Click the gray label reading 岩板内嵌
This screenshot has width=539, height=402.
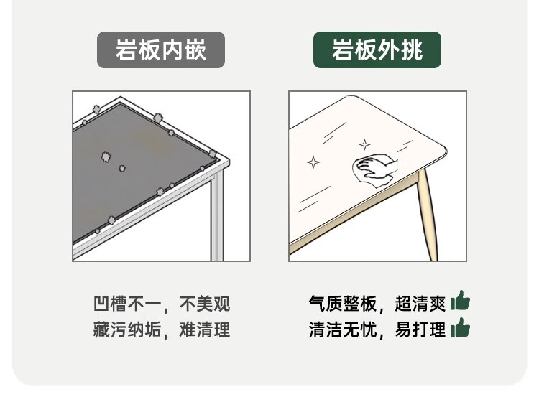click(x=161, y=50)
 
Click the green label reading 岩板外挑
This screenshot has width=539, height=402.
click(x=377, y=50)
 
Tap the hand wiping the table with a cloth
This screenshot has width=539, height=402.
click(x=374, y=170)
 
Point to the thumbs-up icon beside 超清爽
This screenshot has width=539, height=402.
click(x=460, y=301)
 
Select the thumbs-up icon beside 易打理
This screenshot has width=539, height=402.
click(x=460, y=328)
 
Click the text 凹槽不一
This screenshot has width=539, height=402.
click(x=127, y=304)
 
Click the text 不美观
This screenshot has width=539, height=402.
click(x=205, y=304)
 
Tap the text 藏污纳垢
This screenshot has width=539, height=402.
click(x=127, y=329)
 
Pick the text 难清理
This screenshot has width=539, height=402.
click(x=205, y=329)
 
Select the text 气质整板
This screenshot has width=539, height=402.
click(x=343, y=304)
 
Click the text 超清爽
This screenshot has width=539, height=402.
click(x=420, y=304)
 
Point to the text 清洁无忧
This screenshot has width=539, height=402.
click(x=343, y=329)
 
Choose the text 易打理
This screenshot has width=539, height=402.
click(x=420, y=329)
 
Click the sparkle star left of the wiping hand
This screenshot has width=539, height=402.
click(x=313, y=162)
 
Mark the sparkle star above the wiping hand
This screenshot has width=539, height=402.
click(x=364, y=144)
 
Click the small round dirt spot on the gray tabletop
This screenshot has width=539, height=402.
click(x=122, y=168)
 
